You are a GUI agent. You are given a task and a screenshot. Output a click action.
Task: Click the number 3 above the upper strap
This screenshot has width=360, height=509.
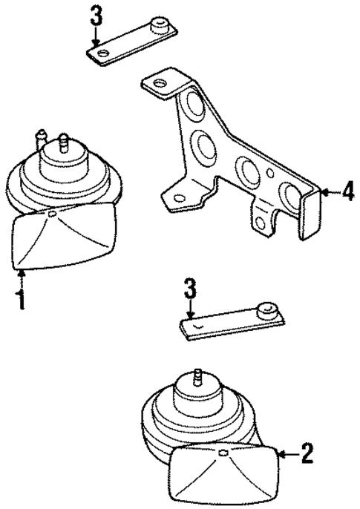click(95, 13)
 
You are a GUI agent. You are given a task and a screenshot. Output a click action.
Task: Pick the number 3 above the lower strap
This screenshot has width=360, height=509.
click(191, 288)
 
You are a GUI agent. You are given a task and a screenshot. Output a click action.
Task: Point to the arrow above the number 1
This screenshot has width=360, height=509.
click(22, 280)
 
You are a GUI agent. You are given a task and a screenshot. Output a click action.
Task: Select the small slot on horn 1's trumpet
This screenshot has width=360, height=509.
click(53, 214)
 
